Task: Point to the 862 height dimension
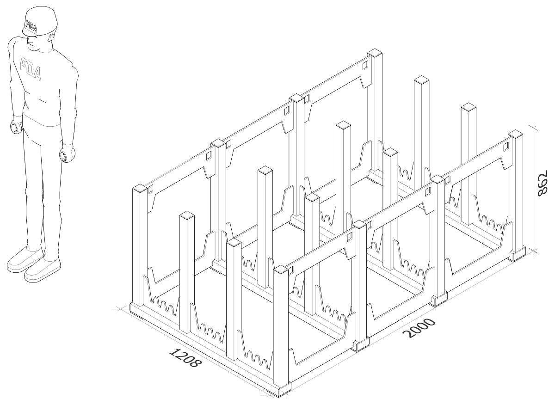(x=542, y=183)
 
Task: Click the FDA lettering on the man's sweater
(x=31, y=69)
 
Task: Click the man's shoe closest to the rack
(x=42, y=270)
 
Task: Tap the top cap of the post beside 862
(x=515, y=134)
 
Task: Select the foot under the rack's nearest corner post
(x=284, y=391)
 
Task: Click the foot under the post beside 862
(x=516, y=254)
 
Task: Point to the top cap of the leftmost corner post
(x=140, y=188)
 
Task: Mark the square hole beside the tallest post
(x=365, y=66)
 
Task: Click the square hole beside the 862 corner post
(x=506, y=147)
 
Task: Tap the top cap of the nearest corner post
(x=281, y=269)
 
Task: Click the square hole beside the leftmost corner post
(x=151, y=189)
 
